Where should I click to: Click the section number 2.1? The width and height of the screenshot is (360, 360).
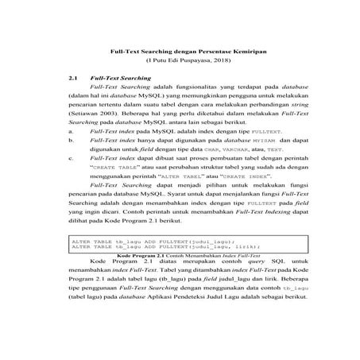[x=73, y=79]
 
